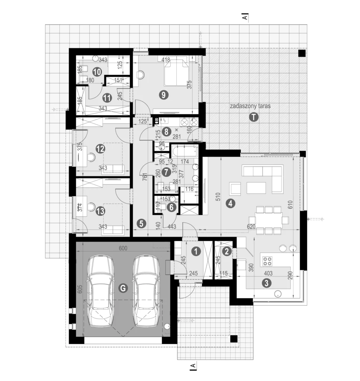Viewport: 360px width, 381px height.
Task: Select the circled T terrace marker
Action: tap(253, 117)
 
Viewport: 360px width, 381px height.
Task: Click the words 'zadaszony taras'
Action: tap(250, 106)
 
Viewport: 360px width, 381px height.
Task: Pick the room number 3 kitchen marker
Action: tap(266, 283)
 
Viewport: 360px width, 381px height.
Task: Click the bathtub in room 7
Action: tap(184, 151)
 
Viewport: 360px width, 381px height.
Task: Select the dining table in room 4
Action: tap(269, 220)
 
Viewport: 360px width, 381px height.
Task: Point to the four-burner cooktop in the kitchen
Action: tap(268, 260)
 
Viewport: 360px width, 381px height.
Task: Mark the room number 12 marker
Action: tap(100, 149)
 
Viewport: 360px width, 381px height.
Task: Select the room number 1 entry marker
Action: tap(195, 252)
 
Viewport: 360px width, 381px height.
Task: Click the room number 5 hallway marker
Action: tap(141, 223)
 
